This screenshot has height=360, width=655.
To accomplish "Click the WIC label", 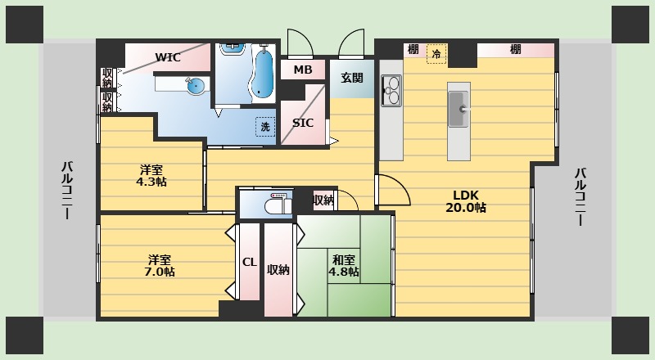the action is click(168, 57).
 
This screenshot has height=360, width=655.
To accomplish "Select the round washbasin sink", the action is click(196, 86).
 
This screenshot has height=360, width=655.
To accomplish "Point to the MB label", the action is click(303, 70).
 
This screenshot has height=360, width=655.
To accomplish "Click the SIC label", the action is click(303, 123).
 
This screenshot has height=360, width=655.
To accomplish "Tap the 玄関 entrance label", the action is click(352, 78).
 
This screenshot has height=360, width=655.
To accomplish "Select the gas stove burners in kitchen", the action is click(391, 91).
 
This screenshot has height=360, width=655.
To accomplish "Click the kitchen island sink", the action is click(458, 110).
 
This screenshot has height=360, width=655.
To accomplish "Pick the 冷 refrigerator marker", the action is click(436, 54).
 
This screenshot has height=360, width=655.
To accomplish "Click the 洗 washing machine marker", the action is click(265, 127).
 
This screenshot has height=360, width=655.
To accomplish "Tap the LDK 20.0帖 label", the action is click(466, 201).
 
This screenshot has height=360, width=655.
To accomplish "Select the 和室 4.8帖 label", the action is click(343, 266).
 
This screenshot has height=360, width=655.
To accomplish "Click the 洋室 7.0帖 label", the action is click(160, 266).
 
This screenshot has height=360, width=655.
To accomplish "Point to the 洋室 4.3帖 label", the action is click(151, 176).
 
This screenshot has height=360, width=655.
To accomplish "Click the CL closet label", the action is click(250, 263).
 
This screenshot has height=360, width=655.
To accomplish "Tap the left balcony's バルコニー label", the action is click(67, 190).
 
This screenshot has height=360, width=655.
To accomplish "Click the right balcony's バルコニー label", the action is click(580, 196).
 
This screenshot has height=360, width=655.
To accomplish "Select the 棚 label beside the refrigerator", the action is click(413, 50).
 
